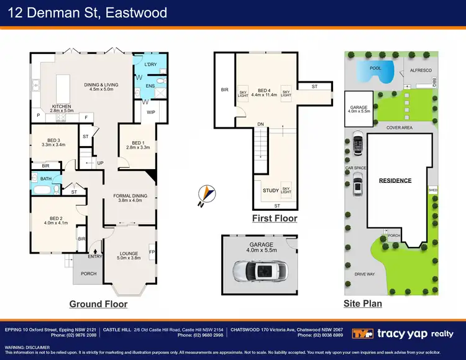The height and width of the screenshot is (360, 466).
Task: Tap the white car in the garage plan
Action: pos(260,270)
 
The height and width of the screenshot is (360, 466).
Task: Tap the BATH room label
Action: pos(45,179)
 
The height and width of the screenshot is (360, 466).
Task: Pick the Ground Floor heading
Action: pos(99,304)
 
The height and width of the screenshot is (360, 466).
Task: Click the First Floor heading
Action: pos(274,218)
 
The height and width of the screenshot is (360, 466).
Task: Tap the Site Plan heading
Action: pos(363,304)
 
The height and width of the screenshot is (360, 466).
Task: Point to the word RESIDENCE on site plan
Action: pos(395,181)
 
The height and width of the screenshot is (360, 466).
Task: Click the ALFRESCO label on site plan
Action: pos(421,71)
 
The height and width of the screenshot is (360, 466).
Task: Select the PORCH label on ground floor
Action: pos(89,274)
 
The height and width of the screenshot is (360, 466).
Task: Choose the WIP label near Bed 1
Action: pos(151,113)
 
